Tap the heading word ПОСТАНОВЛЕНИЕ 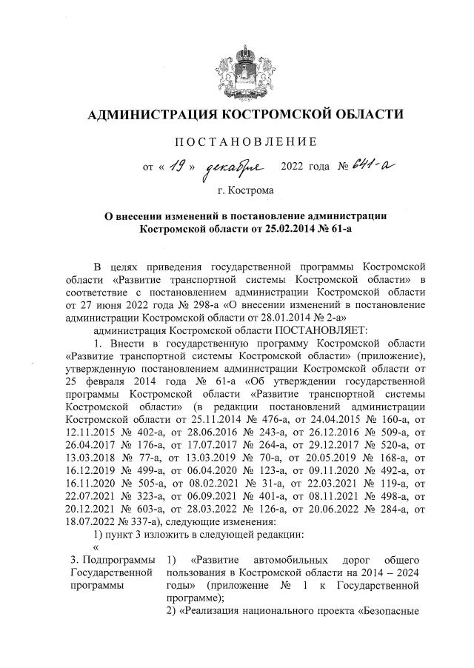click(245, 141)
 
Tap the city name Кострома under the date click(252, 190)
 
